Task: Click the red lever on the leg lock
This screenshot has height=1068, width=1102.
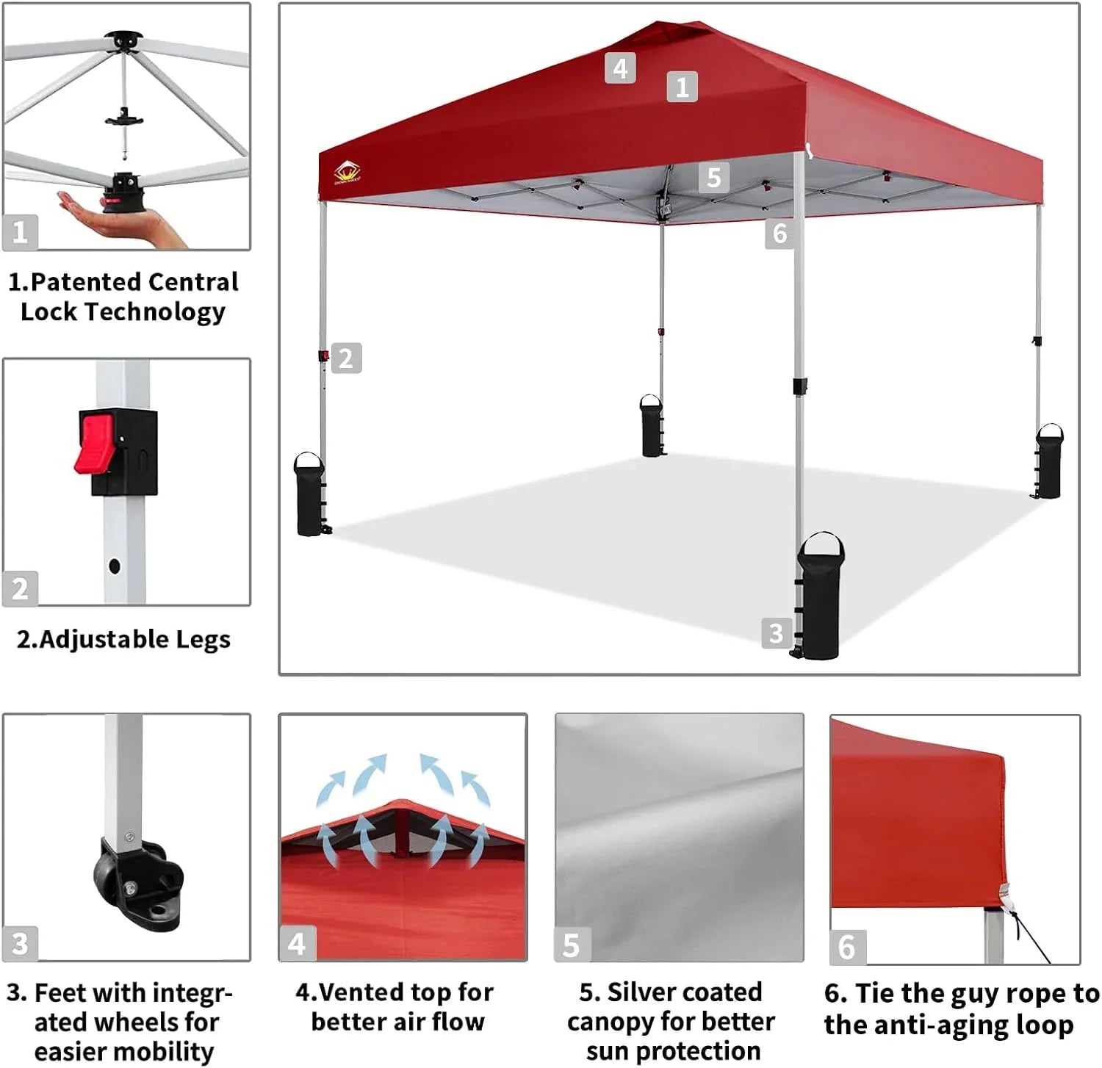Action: [94, 444]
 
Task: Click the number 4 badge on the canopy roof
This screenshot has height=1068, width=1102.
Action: [620, 68]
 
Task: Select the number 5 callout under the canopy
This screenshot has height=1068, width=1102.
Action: [713, 178]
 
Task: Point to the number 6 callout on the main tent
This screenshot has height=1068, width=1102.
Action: [779, 234]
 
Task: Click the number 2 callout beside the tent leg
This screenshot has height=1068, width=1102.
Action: [346, 358]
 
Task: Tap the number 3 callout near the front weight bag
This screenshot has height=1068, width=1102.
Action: [776, 633]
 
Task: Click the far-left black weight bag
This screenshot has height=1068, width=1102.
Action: [309, 494]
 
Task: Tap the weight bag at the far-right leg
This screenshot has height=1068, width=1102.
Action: [1048, 462]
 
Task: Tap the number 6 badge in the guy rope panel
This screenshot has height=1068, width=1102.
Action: [846, 947]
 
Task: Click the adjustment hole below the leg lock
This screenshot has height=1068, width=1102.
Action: [114, 566]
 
